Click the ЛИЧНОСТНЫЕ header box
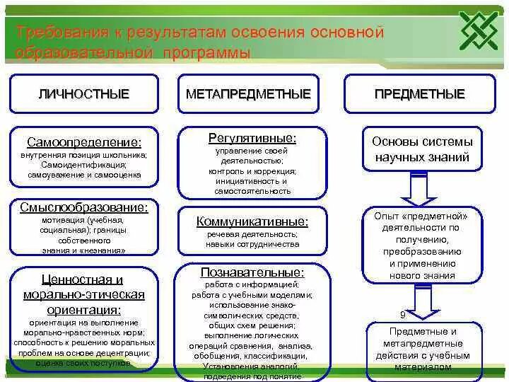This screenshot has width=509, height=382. (x=83, y=93)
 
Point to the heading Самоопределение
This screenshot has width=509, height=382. (x=83, y=142)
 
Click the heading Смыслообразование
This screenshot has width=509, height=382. (x=83, y=207)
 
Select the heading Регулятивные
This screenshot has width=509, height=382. (x=252, y=137)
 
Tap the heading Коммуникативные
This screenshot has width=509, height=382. (x=252, y=221)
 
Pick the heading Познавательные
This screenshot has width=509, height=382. (x=252, y=272)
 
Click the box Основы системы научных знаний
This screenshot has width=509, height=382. (x=422, y=149)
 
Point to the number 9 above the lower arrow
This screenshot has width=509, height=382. (x=402, y=314)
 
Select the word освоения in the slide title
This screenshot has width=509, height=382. (x=267, y=33)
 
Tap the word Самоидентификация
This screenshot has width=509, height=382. (x=83, y=164)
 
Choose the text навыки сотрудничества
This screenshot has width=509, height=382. (x=252, y=244)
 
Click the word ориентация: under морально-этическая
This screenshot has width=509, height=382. (x=83, y=309)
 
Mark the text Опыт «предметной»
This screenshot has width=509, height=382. (x=422, y=216)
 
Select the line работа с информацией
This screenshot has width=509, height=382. (x=252, y=285)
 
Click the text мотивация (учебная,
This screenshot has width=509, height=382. (x=83, y=221)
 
